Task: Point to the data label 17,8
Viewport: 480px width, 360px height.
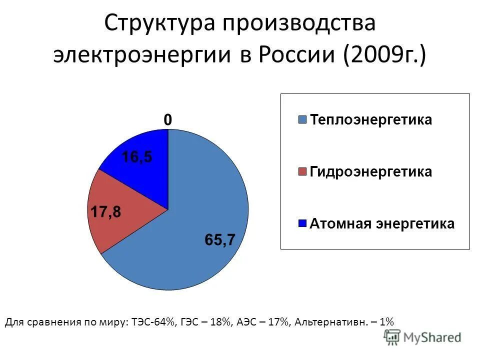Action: point(105,212)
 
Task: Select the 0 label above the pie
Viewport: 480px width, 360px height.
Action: point(168,120)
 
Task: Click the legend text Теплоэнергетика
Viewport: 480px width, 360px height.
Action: point(371,120)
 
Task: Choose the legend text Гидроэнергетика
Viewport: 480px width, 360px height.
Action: point(371,172)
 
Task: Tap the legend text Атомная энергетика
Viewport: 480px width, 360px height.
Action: point(382,223)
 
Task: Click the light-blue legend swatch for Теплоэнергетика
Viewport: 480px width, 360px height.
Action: point(302,120)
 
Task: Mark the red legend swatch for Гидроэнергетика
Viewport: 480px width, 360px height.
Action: point(302,172)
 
